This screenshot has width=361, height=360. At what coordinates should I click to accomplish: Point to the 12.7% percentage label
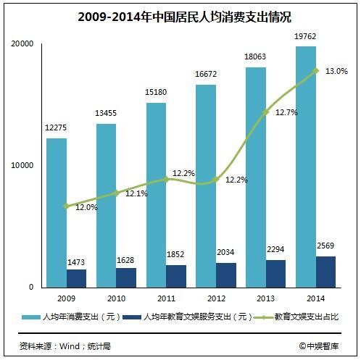point(286,112)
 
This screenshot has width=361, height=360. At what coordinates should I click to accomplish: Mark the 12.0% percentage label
point(87,206)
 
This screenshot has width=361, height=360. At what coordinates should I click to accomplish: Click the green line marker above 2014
point(316,70)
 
